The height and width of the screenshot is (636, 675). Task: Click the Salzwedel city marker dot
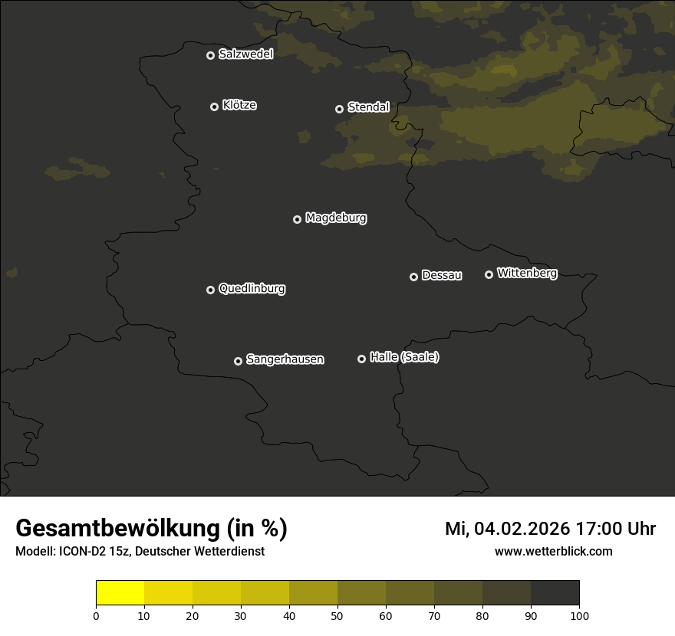(210, 55)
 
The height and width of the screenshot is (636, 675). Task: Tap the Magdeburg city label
(336, 218)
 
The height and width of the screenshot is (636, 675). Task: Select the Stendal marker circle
(339, 109)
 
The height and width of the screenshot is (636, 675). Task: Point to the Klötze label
(239, 106)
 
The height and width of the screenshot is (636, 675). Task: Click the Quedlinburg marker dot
(210, 290)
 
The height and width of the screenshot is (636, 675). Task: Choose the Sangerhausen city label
(285, 359)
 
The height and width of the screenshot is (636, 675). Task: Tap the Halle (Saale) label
(404, 358)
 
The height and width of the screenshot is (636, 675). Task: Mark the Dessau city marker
(413, 277)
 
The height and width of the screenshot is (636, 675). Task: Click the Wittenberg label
(527, 273)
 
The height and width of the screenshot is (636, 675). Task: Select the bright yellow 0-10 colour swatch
(120, 593)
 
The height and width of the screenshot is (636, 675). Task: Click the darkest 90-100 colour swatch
(555, 593)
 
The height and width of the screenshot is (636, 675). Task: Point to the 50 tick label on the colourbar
(337, 616)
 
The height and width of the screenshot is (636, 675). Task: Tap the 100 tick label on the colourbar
(579, 616)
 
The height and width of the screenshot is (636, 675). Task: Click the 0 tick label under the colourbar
(96, 616)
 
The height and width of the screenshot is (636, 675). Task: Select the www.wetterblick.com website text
(553, 552)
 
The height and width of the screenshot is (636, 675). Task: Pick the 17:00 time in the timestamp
(598, 529)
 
